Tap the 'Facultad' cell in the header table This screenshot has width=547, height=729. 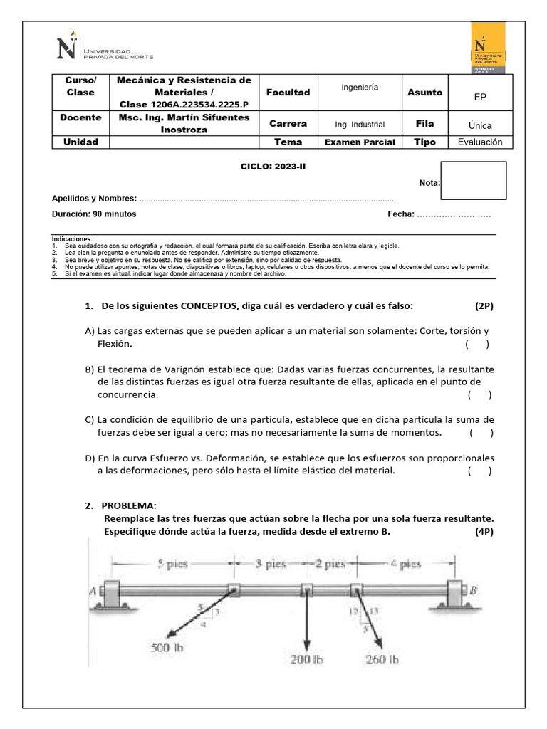tap(288, 93)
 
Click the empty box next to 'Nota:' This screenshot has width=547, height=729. tap(474, 180)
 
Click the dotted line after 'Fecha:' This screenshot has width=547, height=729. tap(454, 214)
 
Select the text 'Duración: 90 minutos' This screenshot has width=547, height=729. tap(94, 214)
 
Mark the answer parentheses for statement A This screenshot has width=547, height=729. tap(477, 345)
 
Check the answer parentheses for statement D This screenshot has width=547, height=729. tap(479, 471)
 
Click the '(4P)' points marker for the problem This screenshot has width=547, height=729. tap(484, 533)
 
